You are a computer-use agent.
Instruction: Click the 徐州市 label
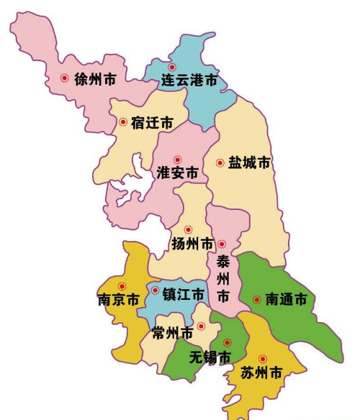tap(96, 79)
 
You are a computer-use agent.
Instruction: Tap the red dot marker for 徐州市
tap(65, 78)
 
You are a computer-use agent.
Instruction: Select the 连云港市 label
tap(189, 82)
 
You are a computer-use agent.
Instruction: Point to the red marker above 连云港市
tap(172, 67)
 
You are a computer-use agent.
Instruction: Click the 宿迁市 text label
tap(152, 123)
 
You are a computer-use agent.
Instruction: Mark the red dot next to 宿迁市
tap(122, 122)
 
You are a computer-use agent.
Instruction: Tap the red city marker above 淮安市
tap(177, 159)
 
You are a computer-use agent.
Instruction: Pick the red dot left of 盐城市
tap(220, 163)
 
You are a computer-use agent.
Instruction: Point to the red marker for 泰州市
tap(222, 245)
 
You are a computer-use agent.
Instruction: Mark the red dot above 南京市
tap(122, 286)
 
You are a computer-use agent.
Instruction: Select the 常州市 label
tap(172, 333)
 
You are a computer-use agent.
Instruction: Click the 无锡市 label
tap(210, 357)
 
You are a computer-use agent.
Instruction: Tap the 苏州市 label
tap(258, 373)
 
